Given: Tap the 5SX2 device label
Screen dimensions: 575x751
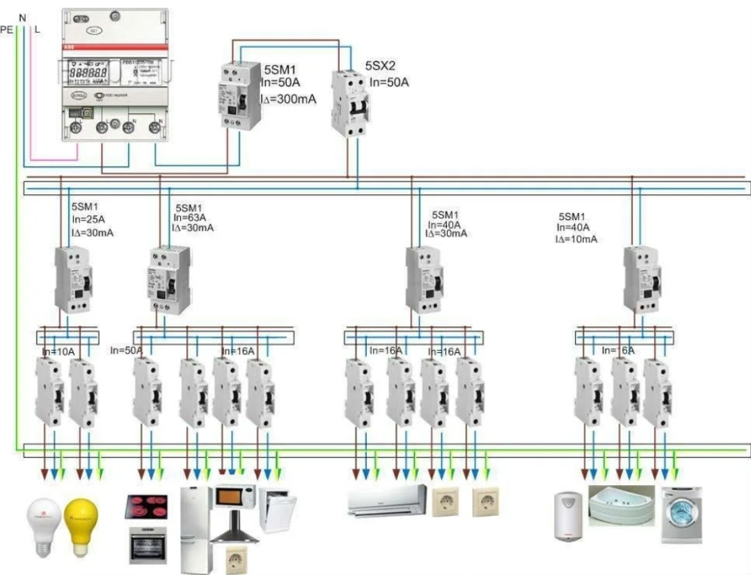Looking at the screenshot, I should (380, 66).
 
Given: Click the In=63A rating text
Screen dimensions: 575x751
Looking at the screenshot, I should (189, 217).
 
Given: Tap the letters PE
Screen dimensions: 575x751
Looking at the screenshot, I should (6, 29).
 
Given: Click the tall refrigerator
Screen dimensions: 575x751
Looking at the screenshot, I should (196, 529).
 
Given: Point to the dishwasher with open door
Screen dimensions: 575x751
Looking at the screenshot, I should (277, 510).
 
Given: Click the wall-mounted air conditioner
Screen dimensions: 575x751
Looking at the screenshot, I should (388, 500).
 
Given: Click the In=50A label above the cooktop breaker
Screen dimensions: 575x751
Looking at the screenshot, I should (126, 350).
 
